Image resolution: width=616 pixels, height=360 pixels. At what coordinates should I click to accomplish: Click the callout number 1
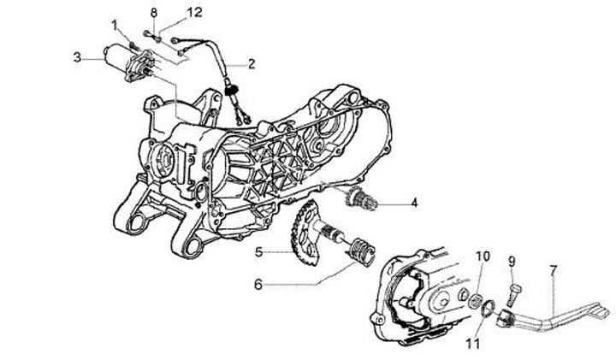(115, 23)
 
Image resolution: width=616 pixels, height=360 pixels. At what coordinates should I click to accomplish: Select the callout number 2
(252, 62)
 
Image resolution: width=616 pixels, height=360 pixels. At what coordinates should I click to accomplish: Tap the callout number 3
(77, 57)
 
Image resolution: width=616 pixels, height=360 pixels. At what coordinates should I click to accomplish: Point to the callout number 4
(413, 204)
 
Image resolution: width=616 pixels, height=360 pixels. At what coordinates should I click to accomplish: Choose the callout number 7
(554, 270)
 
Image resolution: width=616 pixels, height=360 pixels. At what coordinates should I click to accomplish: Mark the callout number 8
(154, 12)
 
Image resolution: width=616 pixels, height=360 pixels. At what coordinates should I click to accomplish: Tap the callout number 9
(511, 261)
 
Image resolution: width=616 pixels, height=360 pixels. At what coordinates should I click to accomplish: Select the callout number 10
(483, 257)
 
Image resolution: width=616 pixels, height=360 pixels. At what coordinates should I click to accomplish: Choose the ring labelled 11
(486, 310)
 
